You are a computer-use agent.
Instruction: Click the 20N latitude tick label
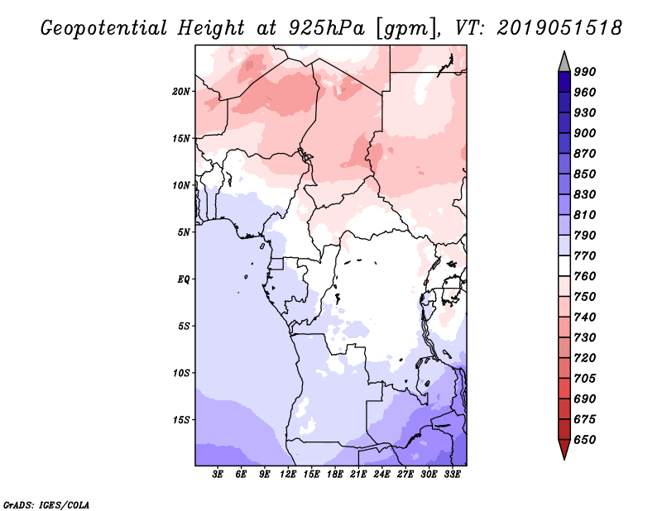pyautogui.click(x=181, y=91)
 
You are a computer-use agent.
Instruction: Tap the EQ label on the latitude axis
pyautogui.click(x=183, y=279)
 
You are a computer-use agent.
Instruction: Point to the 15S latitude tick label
pyautogui.click(x=181, y=420)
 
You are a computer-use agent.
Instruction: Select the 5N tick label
pyautogui.click(x=184, y=232)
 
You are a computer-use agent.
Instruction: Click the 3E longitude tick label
pyautogui.click(x=218, y=475)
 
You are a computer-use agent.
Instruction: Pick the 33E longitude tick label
pyautogui.click(x=452, y=475)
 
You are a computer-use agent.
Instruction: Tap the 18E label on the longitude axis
pyautogui.click(x=335, y=475)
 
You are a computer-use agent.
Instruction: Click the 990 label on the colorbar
pyautogui.click(x=585, y=72)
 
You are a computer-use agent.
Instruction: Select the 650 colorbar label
pyautogui.click(x=585, y=440)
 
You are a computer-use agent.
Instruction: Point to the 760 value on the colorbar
pyautogui.click(x=585, y=276)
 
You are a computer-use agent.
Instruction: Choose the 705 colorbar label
pyautogui.click(x=585, y=378)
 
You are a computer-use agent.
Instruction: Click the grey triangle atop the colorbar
pyautogui.click(x=564, y=63)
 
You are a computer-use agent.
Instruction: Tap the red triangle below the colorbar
pyautogui.click(x=564, y=449)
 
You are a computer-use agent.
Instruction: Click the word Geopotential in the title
pyautogui.click(x=104, y=28)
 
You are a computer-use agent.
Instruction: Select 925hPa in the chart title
pyautogui.click(x=326, y=27)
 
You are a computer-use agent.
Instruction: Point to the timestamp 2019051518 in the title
pyautogui.click(x=559, y=27)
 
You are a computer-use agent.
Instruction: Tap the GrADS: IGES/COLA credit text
pyautogui.click(x=46, y=505)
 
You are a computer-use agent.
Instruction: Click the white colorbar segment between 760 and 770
pyautogui.click(x=564, y=266)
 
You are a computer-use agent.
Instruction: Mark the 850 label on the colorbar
pyautogui.click(x=585, y=174)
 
